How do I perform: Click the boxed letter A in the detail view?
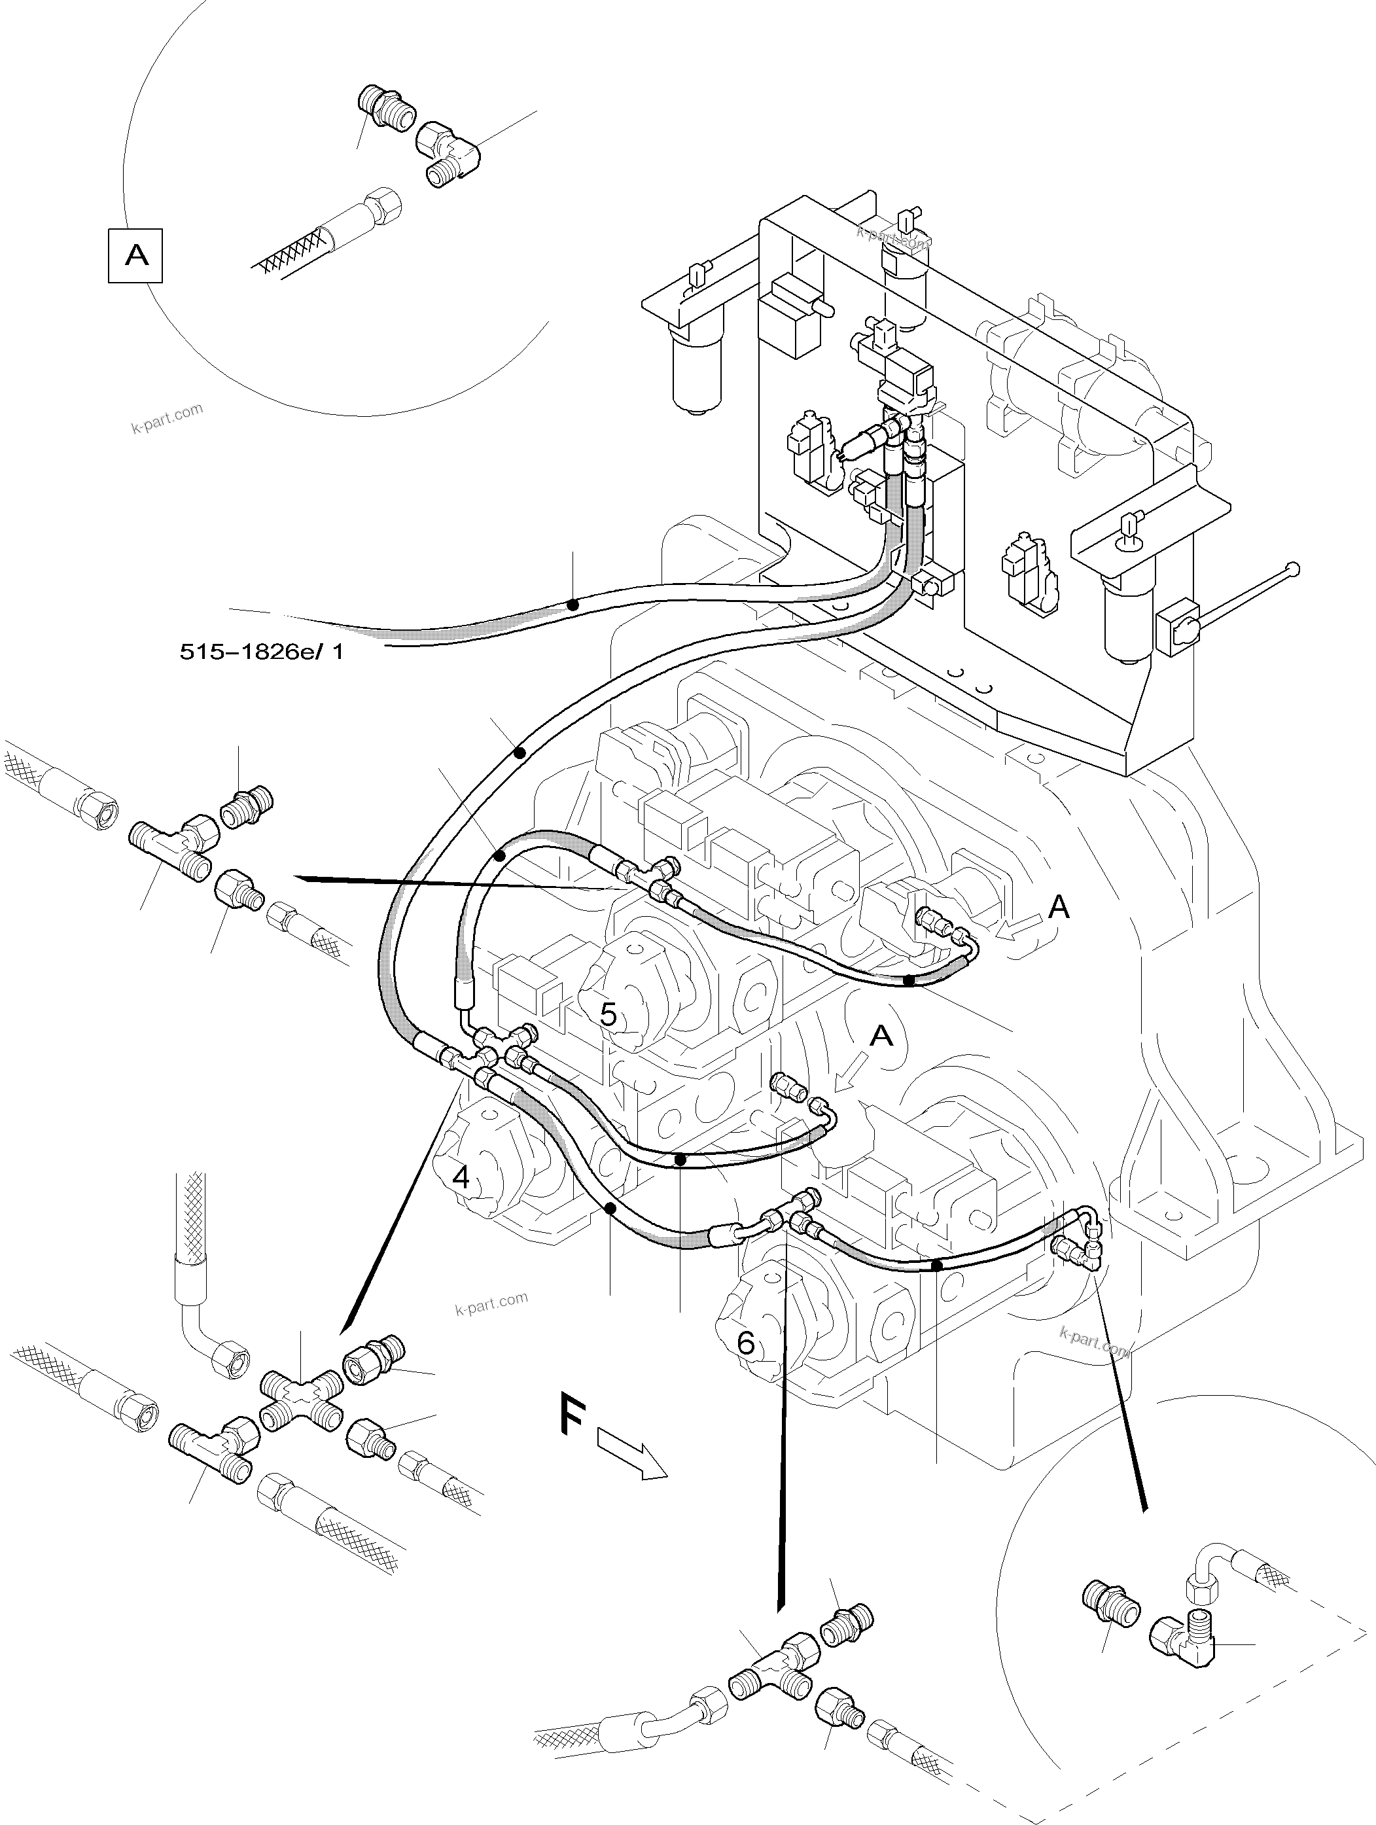point(136,257)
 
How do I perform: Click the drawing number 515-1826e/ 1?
point(262,652)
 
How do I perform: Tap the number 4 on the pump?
point(461,1177)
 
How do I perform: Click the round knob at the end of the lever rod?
point(1294,567)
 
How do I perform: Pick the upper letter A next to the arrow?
point(1059,908)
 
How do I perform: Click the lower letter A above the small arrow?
point(882,1035)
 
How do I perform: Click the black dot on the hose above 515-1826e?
point(573,605)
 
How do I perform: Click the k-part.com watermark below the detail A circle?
point(167,418)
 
